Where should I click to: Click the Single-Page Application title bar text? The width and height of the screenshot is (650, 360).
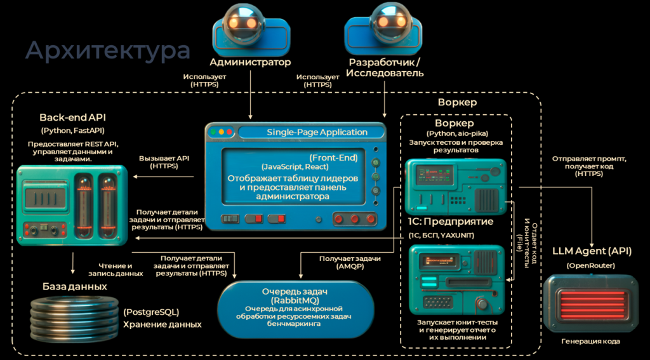308,132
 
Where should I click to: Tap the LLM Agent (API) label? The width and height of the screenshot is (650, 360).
592,251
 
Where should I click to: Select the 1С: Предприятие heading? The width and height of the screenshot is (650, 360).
448,222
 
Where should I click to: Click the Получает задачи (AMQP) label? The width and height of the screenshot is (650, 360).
350,263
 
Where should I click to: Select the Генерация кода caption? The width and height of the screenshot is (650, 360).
590,341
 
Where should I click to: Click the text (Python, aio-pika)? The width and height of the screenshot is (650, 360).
454,133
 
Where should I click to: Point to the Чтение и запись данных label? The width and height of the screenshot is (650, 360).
121,269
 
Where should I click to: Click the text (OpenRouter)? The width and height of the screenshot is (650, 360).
591,265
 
